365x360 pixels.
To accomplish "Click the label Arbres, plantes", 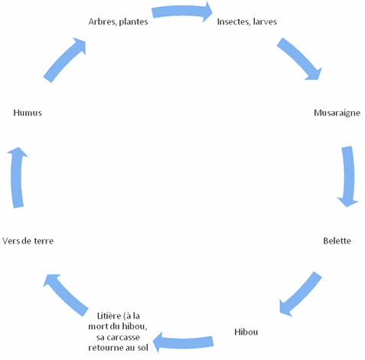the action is tap(118, 22).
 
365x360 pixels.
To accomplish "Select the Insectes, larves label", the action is tap(247, 21).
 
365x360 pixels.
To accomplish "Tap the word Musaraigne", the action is tap(337, 113).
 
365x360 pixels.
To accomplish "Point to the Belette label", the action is tap(337, 241).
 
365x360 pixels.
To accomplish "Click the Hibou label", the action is tap(246, 332).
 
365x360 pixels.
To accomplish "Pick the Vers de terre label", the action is tap(28, 241).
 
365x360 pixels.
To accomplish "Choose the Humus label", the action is tap(28, 113).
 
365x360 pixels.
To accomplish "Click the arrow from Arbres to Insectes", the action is tap(182, 11).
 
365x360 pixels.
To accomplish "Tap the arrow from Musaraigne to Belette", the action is tap(348, 176).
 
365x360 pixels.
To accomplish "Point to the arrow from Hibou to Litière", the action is tap(183, 342).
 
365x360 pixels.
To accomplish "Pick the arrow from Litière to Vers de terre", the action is tap(66, 295).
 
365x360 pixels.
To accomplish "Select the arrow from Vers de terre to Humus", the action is tap(17, 178).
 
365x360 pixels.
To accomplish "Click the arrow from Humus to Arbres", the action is tap(64, 59).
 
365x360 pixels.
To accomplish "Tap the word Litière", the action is tap(109, 316).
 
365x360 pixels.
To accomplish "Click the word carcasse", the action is tap(123, 337).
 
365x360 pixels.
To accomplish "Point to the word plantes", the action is tap(133, 22).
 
